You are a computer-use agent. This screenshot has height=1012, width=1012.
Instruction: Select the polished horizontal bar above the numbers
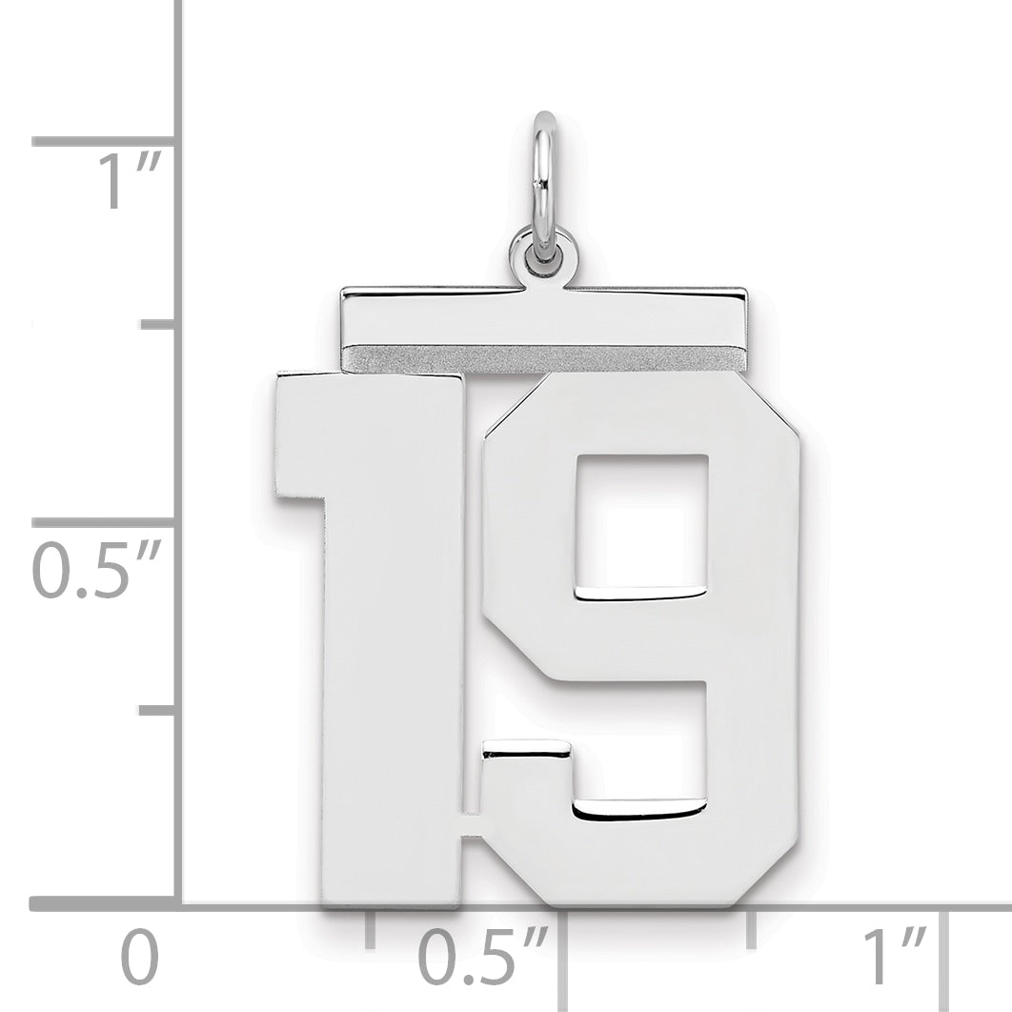click(x=543, y=315)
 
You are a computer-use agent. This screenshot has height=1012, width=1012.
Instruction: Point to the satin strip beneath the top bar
click(x=543, y=358)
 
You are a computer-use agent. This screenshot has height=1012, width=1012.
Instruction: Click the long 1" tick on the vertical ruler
click(x=105, y=141)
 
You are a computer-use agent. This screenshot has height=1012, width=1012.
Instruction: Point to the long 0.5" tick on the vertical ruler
click(x=105, y=522)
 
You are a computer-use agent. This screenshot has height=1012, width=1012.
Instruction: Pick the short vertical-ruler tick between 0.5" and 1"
click(x=158, y=325)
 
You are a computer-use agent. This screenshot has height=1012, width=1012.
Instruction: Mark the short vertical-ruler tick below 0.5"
click(x=158, y=710)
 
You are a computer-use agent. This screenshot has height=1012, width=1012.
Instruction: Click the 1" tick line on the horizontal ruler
click(x=946, y=953)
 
